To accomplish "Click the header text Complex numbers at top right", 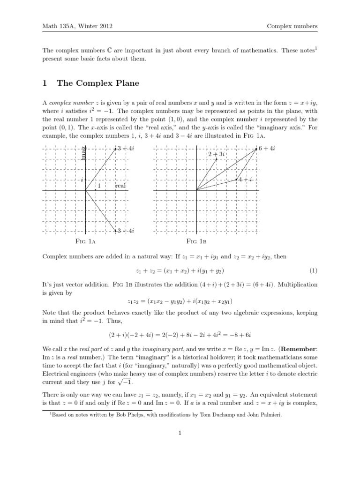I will (x=292, y=26).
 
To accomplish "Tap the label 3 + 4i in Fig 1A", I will (x=126, y=149).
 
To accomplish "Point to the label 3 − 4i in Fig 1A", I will (x=126, y=230).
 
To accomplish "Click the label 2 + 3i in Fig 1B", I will (x=217, y=154).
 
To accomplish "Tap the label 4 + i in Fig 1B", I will (x=246, y=180).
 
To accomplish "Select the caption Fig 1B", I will (x=196, y=242).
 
